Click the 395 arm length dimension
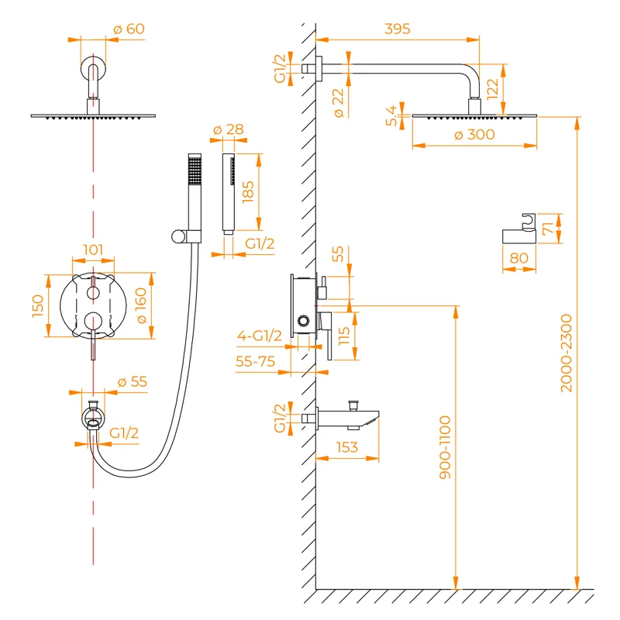pyautogui.click(x=397, y=29)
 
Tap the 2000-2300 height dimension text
pyautogui.click(x=566, y=353)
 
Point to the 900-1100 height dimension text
pyautogui.click(x=446, y=457)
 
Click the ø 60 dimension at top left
pyautogui.click(x=129, y=29)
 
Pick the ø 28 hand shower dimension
pyautogui.click(x=228, y=129)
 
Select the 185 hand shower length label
pyautogui.click(x=248, y=191)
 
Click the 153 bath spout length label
pyautogui.click(x=349, y=447)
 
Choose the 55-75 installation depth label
pyautogui.click(x=257, y=361)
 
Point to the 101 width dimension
pyautogui.click(x=94, y=250)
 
